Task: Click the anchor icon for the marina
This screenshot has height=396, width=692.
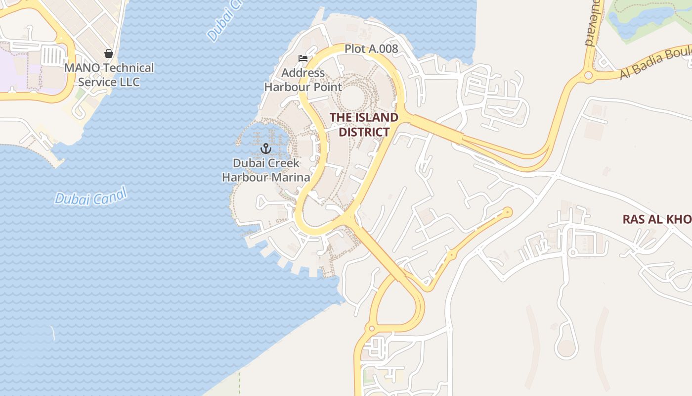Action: tap(266, 148)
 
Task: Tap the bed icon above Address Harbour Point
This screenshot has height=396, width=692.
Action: tap(303, 58)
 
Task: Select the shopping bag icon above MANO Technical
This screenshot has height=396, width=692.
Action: tap(109, 53)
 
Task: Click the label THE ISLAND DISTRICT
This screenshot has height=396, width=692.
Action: tap(364, 125)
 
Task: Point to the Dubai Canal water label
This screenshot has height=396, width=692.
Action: tap(90, 197)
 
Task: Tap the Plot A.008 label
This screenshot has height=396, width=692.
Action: tap(371, 49)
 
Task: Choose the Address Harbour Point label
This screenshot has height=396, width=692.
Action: tap(303, 80)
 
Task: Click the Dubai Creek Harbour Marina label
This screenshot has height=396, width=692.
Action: tap(266, 170)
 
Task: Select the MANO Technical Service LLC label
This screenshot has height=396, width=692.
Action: tap(109, 75)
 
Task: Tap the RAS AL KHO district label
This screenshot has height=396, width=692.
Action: tap(656, 219)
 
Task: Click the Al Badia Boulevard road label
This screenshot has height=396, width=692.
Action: tap(655, 63)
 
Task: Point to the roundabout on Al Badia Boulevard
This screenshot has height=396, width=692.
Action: tap(588, 76)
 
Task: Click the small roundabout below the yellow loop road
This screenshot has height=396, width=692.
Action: tap(372, 328)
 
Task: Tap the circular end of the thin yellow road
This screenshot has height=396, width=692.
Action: tap(507, 212)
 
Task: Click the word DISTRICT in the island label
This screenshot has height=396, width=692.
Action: tap(364, 132)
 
